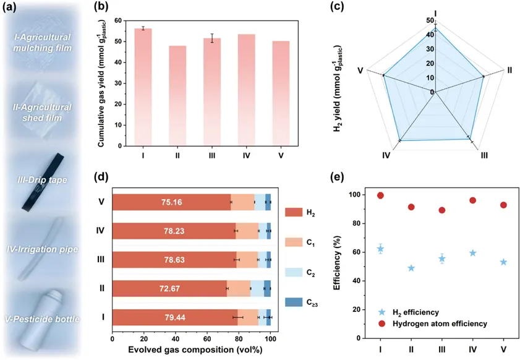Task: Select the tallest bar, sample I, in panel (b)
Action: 143,87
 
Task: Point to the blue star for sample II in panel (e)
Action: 411,268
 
